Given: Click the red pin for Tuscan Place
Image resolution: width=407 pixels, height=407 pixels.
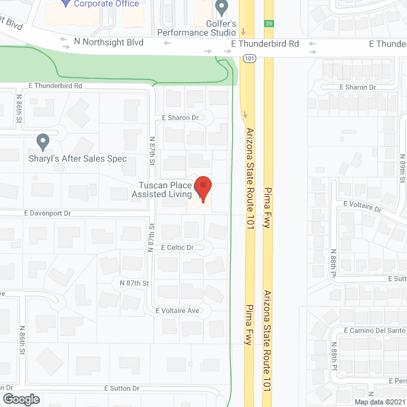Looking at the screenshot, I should (203, 189).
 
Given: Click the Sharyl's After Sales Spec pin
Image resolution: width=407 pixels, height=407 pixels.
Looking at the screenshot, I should (43, 141).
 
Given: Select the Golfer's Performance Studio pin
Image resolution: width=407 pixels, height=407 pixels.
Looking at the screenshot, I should (221, 8).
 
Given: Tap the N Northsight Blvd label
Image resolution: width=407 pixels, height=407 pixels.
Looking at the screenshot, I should (109, 42).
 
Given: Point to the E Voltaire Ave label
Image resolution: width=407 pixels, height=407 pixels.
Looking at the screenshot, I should (177, 310).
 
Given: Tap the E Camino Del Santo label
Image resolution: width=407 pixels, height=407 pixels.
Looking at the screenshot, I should (375, 331).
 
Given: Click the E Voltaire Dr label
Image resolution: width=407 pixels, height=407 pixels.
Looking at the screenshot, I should (362, 206).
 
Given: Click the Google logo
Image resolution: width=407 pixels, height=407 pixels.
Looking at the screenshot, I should (20, 399).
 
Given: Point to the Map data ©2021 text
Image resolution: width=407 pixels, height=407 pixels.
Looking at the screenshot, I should (380, 401).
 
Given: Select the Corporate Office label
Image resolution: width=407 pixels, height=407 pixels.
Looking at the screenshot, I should (106, 4).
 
